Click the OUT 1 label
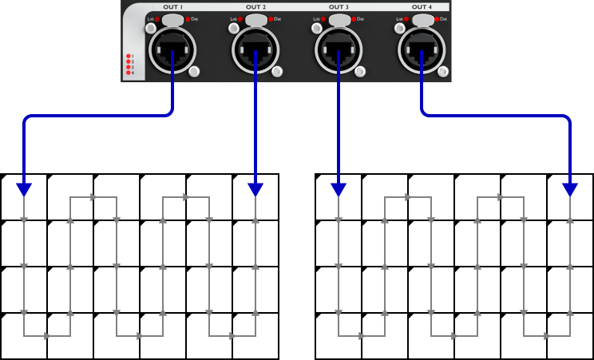click(x=172, y=7)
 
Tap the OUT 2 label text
click(x=256, y=7)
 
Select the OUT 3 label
click(x=339, y=7)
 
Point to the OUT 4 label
click(x=422, y=7)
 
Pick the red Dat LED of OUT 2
click(x=271, y=18)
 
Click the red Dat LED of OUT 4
click(x=436, y=18)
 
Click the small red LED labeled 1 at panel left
click(x=128, y=57)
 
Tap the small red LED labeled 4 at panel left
click(x=128, y=73)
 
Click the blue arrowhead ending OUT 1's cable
click(x=24, y=189)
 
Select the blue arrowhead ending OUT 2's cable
click(x=255, y=189)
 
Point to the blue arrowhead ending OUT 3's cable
click(x=339, y=189)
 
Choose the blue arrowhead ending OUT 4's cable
click(x=570, y=189)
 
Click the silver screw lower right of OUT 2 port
click(x=277, y=72)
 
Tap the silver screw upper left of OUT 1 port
click(x=151, y=29)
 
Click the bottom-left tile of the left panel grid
click(x=24, y=336)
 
